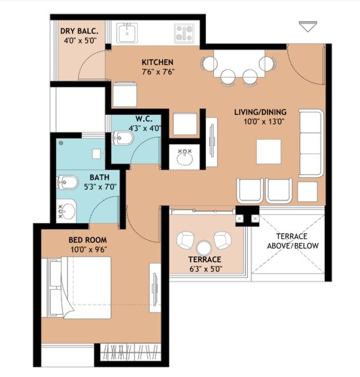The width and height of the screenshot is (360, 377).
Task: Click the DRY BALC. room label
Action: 78,31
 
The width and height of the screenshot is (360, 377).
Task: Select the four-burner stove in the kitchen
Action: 185,32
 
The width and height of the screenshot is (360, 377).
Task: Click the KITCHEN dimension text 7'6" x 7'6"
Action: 157,71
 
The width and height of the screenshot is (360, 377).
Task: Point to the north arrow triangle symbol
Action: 308,26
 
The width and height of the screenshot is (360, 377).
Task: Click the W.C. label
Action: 143,118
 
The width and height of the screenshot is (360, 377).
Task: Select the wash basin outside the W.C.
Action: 186,156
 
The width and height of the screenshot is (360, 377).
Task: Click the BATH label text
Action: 98,177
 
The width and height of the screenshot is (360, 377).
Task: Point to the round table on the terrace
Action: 204,248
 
